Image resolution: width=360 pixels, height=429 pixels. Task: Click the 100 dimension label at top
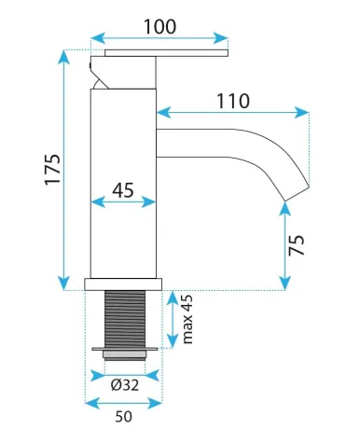[x=160, y=26]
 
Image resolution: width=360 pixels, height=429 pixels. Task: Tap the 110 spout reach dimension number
[x=233, y=101]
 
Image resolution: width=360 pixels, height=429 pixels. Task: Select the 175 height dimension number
[x=52, y=170]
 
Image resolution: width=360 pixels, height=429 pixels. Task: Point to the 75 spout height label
[x=296, y=245]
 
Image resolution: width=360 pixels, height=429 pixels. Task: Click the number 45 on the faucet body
[x=123, y=190]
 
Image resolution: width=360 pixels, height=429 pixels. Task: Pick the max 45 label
[x=187, y=319]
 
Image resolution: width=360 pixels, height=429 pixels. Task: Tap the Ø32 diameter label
[x=125, y=385]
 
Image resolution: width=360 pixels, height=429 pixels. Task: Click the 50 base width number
[x=123, y=417]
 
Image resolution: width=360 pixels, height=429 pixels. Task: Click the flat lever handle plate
[x=166, y=53]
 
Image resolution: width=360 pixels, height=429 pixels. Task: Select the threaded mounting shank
[x=125, y=319]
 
